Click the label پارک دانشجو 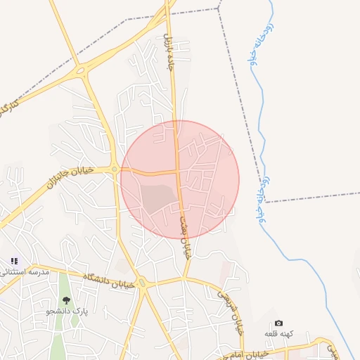(67, 311)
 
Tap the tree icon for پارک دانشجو (66, 301)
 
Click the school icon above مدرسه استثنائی (14, 261)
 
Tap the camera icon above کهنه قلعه (278, 323)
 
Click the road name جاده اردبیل (169, 51)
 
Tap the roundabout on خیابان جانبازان (114, 169)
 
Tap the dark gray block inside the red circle (158, 198)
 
